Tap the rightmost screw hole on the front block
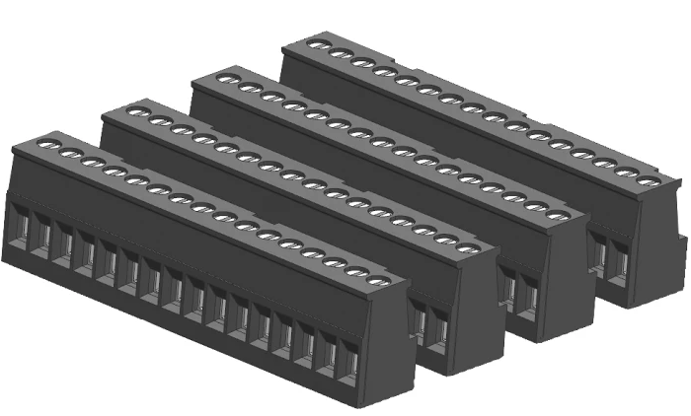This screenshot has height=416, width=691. pos(377,281)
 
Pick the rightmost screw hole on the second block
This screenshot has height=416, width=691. pos(468,246)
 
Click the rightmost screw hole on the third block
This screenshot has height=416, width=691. pos(559,214)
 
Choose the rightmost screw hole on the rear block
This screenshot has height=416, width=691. pos(648,180)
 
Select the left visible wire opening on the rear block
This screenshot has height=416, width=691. pos(599,253)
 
